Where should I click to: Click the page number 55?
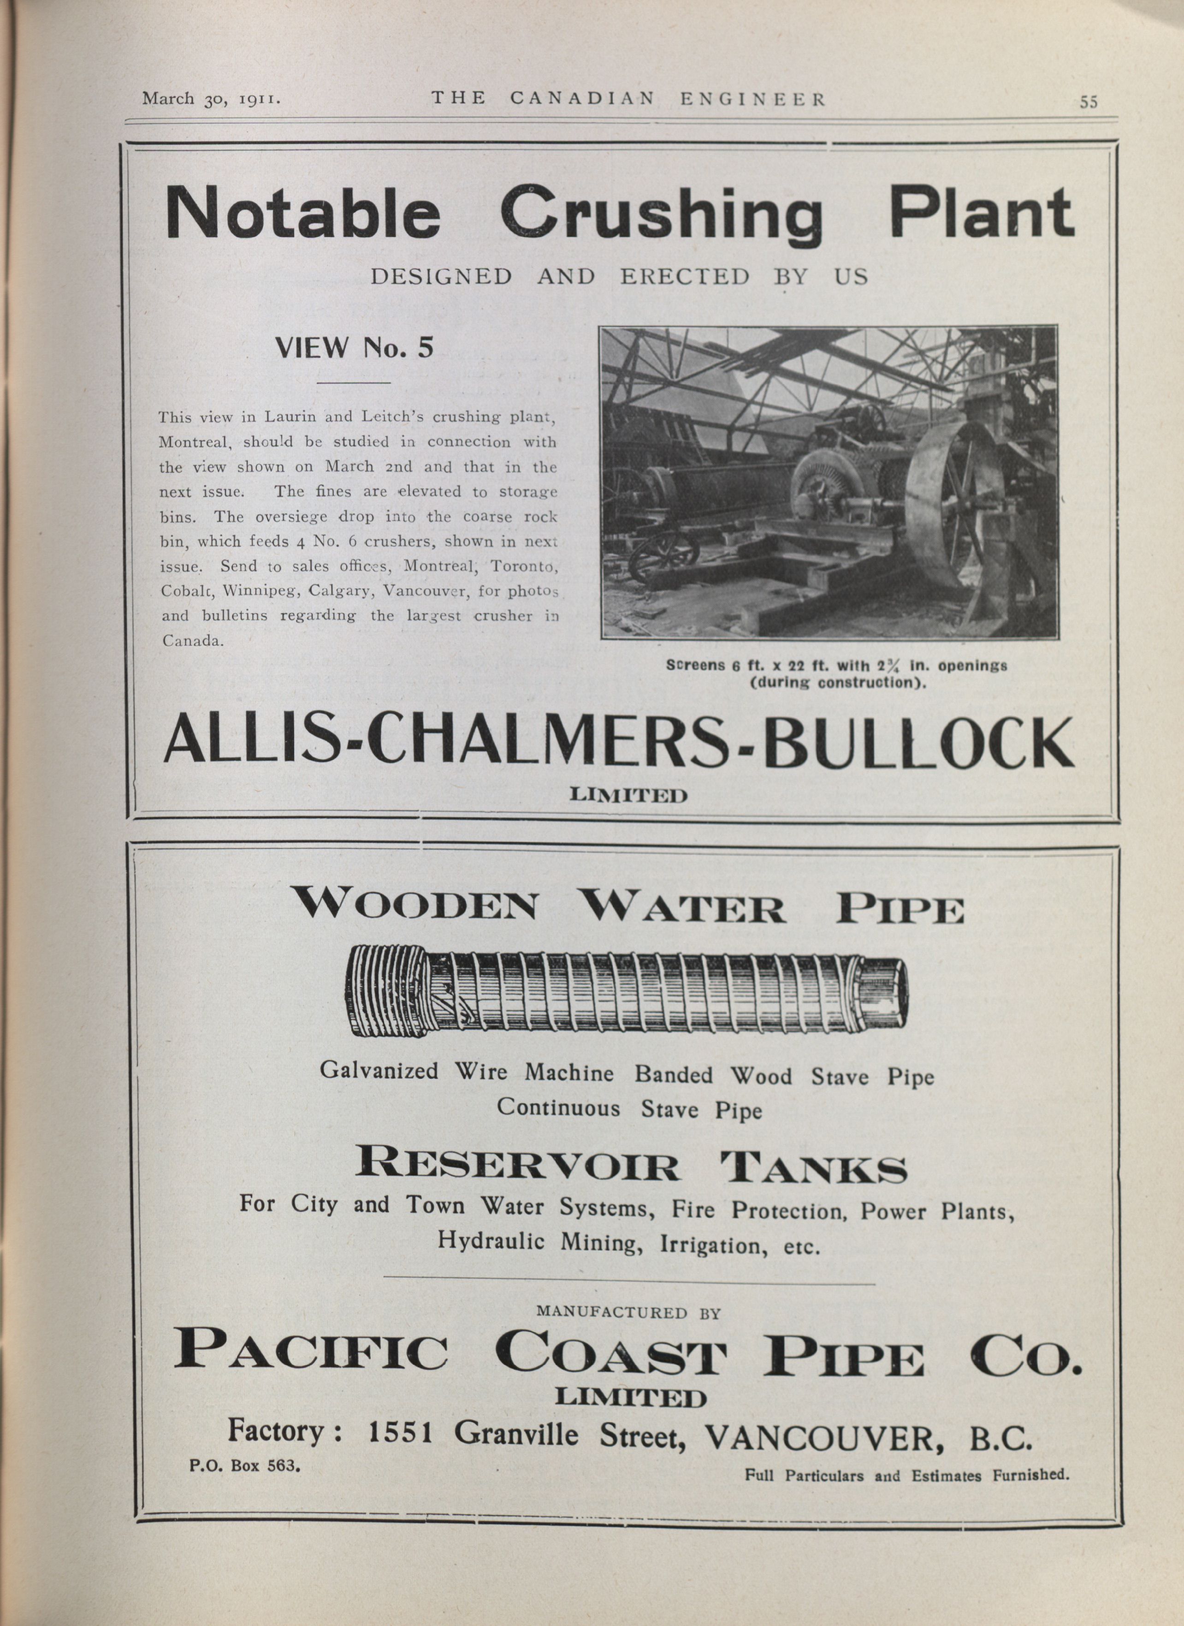click(1088, 102)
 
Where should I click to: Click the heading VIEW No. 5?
click(355, 348)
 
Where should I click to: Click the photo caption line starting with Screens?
click(836, 665)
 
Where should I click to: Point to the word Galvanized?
click(379, 1071)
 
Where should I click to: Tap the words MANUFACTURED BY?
click(628, 1313)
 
